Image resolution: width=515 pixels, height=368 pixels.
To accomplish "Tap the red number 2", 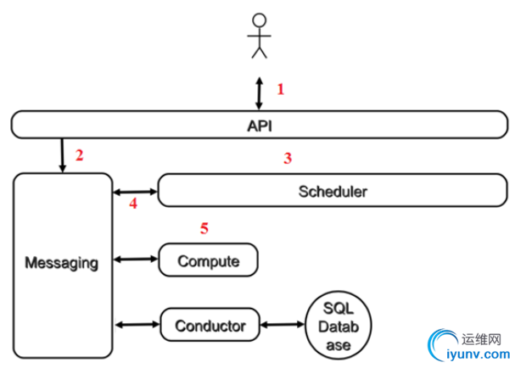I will (x=80, y=154).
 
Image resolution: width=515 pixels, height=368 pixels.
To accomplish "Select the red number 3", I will (x=288, y=158).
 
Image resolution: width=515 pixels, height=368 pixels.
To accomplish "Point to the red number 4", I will (x=133, y=204).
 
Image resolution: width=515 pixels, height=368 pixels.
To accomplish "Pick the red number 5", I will (x=204, y=227).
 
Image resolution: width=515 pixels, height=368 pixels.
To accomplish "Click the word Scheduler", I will (x=333, y=192).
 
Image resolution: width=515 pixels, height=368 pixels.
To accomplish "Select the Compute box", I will (x=208, y=259).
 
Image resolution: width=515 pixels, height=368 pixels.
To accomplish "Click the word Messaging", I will (x=62, y=262).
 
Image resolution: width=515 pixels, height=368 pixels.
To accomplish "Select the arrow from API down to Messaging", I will (x=62, y=154).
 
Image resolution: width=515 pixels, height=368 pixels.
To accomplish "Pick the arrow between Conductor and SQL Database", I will (x=283, y=325).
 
